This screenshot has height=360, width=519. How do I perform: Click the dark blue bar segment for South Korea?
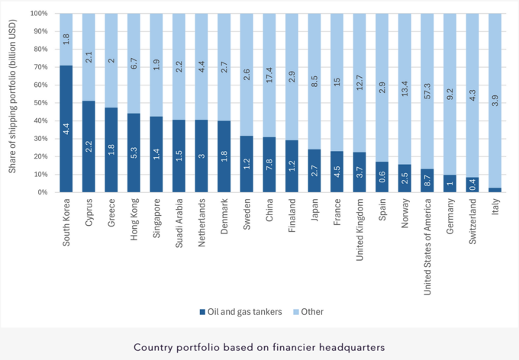click(x=67, y=129)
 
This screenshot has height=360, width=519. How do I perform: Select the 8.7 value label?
click(x=428, y=181)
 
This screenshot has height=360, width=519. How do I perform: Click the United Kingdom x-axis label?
click(x=361, y=227)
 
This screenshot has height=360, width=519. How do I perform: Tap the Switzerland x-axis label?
click(x=474, y=220)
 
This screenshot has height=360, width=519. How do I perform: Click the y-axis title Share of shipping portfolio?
click(x=13, y=102)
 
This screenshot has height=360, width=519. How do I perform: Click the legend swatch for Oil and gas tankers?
click(x=202, y=311)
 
